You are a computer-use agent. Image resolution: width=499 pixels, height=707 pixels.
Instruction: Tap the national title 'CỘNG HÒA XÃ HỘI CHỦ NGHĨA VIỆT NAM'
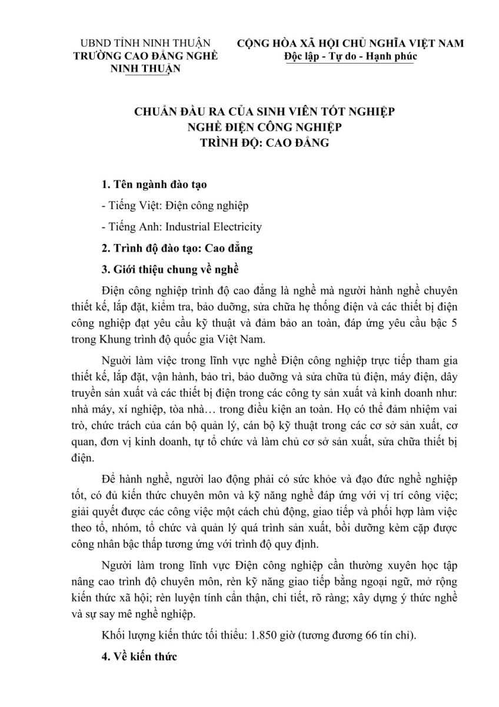click(350, 44)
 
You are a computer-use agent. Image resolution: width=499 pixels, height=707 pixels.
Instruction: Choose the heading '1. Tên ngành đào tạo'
click(154, 185)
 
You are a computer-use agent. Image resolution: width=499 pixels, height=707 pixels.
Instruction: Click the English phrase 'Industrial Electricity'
click(214, 226)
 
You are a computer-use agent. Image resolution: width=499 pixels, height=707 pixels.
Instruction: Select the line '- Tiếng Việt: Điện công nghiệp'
click(175, 206)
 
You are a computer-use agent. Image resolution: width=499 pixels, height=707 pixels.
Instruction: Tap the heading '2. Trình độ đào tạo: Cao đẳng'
click(177, 248)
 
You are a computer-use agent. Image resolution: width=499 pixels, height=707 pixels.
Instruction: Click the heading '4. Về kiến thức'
click(138, 657)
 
